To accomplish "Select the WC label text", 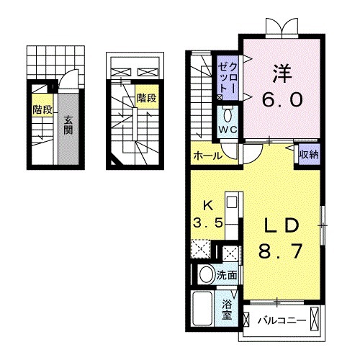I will (x=228, y=130).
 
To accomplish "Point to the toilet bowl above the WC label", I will (x=228, y=114).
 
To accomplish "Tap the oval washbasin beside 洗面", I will (x=207, y=274).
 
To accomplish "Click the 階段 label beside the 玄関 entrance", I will (x=41, y=109).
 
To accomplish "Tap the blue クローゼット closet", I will (x=226, y=75).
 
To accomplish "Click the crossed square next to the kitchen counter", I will (x=231, y=253).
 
